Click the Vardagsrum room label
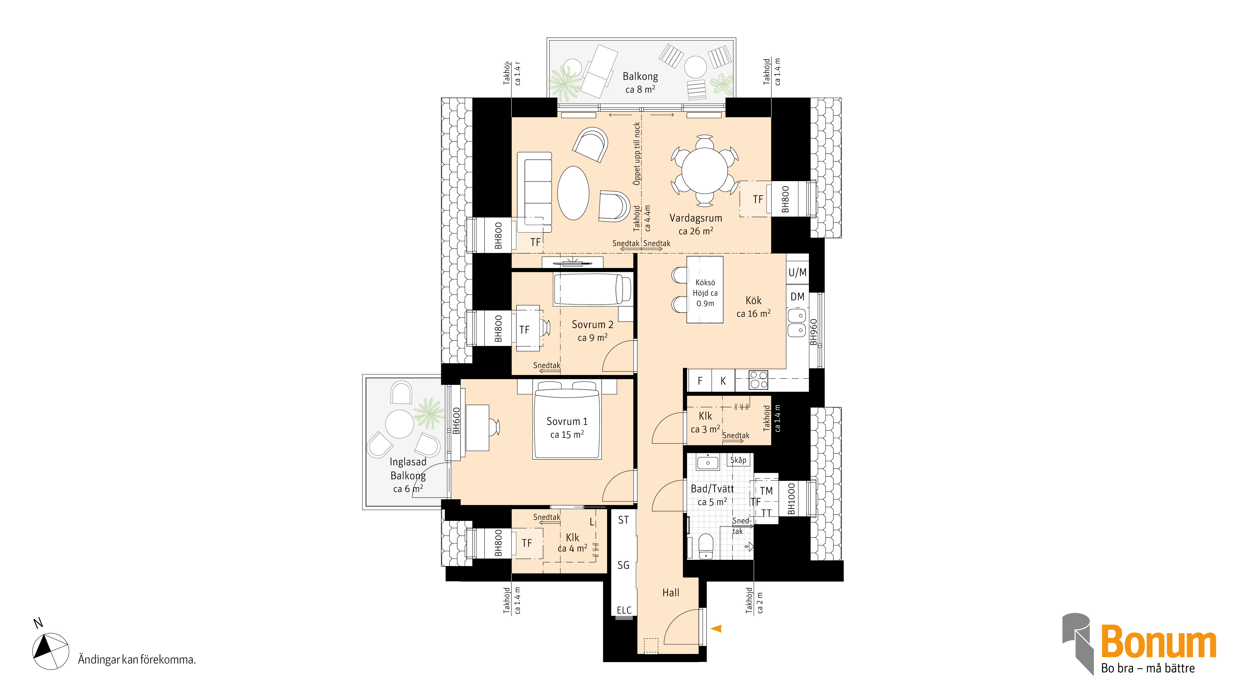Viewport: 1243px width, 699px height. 695,218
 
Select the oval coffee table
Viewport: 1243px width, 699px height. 573,193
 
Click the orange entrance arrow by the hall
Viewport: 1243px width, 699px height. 716,628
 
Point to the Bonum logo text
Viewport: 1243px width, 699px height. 1158,641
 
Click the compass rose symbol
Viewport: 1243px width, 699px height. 50,651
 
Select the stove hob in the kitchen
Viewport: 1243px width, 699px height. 758,380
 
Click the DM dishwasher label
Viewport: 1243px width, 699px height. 797,297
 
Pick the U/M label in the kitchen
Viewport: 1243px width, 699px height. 797,272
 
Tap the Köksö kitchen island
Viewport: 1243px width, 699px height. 705,290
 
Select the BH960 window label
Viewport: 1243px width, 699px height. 814,332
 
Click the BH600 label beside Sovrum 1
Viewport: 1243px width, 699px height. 456,421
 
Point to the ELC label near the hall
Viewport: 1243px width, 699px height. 624,610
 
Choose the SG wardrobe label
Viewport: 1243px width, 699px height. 623,565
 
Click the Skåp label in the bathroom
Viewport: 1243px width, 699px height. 738,460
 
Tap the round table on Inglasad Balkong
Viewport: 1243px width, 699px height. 400,424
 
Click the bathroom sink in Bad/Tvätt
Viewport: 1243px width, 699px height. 708,462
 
